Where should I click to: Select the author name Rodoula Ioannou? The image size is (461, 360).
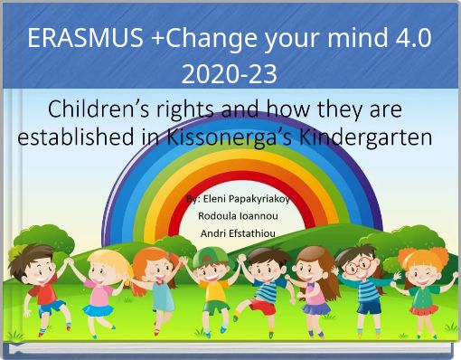coord(231,216)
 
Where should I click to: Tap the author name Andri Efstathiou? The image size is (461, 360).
coord(231,234)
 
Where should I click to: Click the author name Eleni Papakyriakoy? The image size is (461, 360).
coord(237,199)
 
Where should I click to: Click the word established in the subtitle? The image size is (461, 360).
coord(78,138)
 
